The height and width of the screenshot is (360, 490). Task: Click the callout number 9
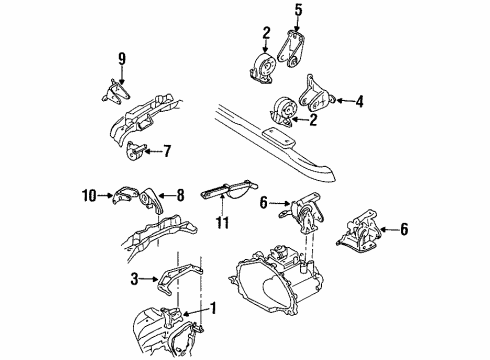pyautogui.click(x=122, y=59)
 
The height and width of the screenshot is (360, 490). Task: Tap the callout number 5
pyautogui.click(x=298, y=10)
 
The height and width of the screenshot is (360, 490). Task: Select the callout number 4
pyautogui.click(x=359, y=101)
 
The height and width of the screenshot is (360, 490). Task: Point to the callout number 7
pyautogui.click(x=167, y=151)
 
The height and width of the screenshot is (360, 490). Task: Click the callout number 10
pyautogui.click(x=89, y=196)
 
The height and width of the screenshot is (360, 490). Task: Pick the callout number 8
pyautogui.click(x=180, y=195)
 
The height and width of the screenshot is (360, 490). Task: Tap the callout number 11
pyautogui.click(x=222, y=223)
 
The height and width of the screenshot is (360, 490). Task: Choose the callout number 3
pyautogui.click(x=134, y=279)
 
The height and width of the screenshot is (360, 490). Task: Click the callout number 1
pyautogui.click(x=213, y=308)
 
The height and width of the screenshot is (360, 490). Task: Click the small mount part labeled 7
pyautogui.click(x=136, y=151)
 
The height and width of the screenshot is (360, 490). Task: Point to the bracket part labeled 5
pyautogui.click(x=290, y=50)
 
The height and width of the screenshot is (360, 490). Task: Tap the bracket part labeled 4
pyautogui.click(x=315, y=94)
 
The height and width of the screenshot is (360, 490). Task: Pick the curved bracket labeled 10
pyautogui.click(x=125, y=194)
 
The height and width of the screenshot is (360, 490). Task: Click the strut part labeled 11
pyautogui.click(x=229, y=189)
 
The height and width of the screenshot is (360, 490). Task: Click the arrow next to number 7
pyautogui.click(x=152, y=152)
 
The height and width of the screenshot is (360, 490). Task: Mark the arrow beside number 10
pyautogui.click(x=105, y=196)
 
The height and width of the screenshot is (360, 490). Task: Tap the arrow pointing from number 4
pyautogui.click(x=345, y=100)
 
